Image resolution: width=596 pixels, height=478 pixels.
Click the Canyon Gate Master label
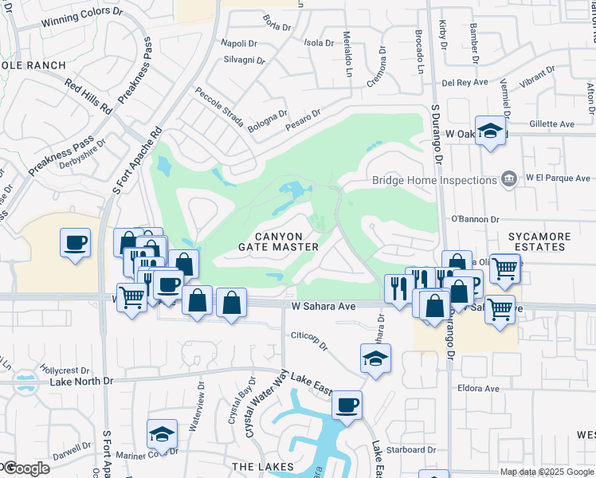279,241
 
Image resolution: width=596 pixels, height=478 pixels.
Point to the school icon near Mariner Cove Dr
163,435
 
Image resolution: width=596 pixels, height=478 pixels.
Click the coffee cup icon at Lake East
347,406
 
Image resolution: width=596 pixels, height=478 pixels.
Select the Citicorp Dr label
310,335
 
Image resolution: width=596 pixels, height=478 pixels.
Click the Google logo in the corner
25,468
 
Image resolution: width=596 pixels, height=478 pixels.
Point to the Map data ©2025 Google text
547,472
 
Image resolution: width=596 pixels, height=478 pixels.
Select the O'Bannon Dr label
475,218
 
